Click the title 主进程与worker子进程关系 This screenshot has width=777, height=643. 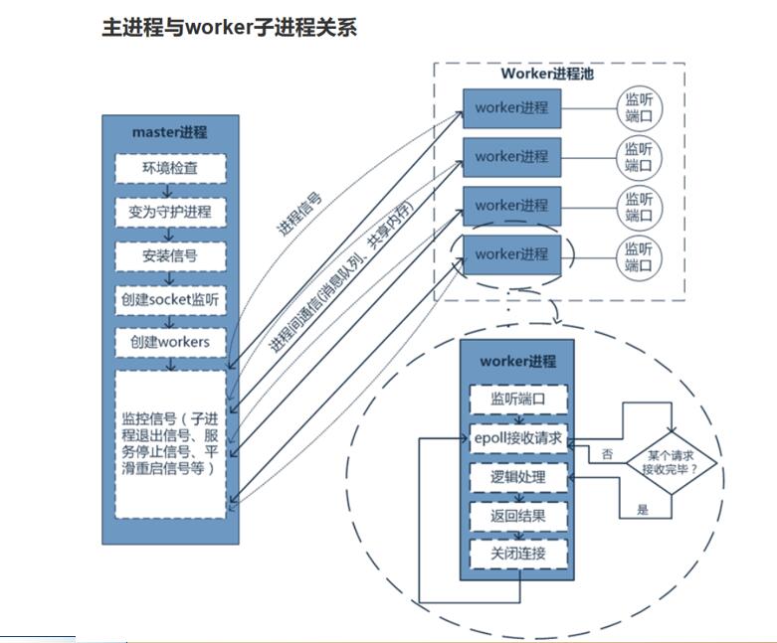[x=229, y=28]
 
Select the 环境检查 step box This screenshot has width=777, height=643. [x=170, y=168]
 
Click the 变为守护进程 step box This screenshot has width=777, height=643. [x=170, y=212]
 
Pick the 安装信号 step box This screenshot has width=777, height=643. [x=170, y=255]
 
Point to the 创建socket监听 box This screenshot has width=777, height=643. [x=170, y=299]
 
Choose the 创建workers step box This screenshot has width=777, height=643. [x=170, y=343]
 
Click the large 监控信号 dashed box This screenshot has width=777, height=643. [x=170, y=444]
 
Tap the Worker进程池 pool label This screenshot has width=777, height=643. [x=547, y=74]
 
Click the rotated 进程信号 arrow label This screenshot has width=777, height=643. [x=298, y=213]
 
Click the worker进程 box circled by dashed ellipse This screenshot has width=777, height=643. [x=511, y=254]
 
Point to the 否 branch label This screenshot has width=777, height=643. [x=607, y=454]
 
